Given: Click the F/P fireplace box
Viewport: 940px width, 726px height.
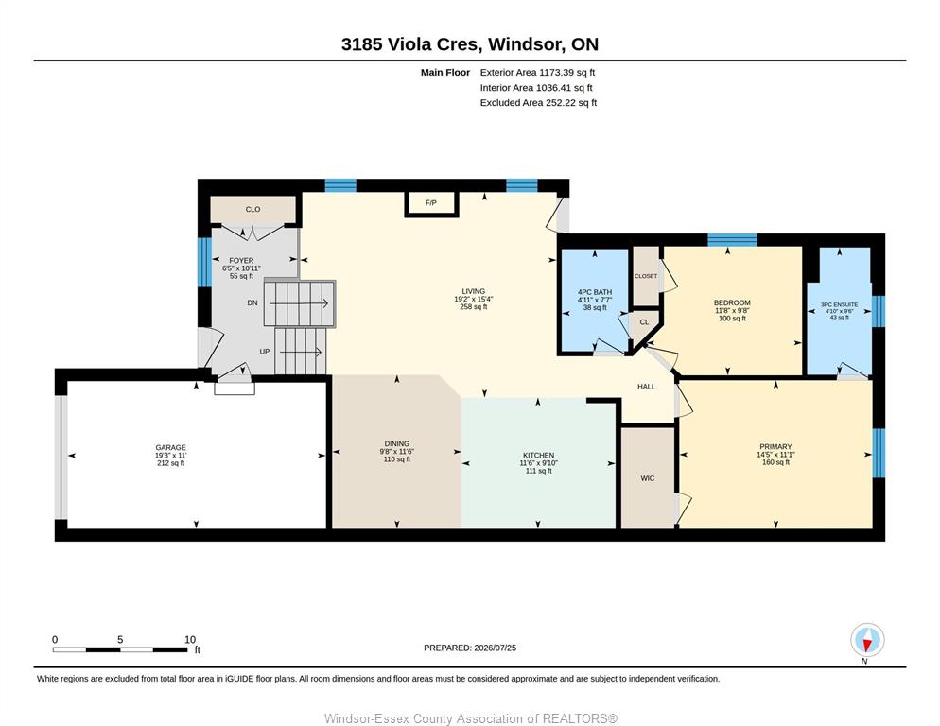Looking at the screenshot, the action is tap(431, 203).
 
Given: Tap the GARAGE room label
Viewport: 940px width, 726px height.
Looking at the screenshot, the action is tap(171, 447).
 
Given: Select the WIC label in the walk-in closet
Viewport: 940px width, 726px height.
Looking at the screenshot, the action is tap(648, 478).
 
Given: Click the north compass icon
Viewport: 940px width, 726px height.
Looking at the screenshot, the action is tap(867, 640).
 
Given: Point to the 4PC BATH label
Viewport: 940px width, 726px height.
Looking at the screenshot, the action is tap(595, 292).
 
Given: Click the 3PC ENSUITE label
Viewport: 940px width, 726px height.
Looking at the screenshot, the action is tap(840, 304).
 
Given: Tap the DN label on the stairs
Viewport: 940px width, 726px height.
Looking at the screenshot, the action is tap(252, 302).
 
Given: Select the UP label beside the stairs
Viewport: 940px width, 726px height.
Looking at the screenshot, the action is tap(265, 352).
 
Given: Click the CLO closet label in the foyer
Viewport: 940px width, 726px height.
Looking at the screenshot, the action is tap(253, 209).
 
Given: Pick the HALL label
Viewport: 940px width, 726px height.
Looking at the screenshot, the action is tap(646, 387).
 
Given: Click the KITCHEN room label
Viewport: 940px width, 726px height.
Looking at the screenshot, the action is tap(538, 456).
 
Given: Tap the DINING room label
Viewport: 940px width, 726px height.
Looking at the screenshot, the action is tap(397, 444).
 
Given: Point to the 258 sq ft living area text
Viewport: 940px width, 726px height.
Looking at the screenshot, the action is tap(474, 307).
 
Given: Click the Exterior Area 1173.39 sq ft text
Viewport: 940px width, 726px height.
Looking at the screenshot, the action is tap(537, 73).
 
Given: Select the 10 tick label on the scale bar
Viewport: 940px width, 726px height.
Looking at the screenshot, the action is tap(190, 640).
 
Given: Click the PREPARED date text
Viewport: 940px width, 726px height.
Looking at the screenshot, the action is tap(470, 648).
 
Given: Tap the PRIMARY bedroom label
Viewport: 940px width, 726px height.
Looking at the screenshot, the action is tap(775, 446).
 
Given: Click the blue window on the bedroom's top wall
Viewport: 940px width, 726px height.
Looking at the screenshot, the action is tap(732, 240).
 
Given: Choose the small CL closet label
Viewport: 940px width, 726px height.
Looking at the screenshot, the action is tap(644, 322).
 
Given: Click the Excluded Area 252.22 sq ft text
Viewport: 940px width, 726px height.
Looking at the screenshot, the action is tap(538, 102).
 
